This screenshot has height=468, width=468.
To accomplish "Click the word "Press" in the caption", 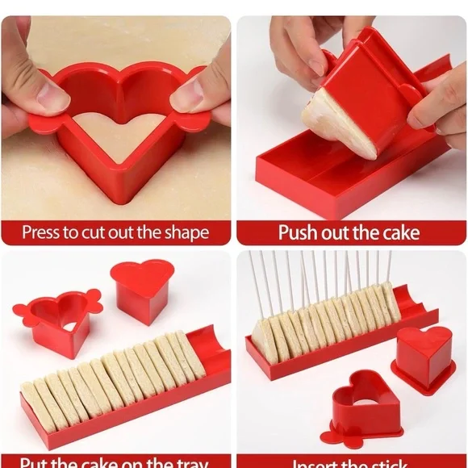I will click(x=41, y=233).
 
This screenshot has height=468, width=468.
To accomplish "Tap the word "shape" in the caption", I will click(x=184, y=233).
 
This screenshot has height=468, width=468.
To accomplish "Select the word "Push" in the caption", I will click(x=296, y=233).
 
